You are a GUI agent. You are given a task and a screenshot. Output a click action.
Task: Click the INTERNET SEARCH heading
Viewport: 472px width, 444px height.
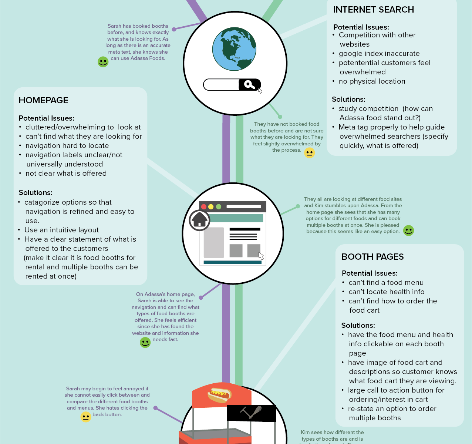coord(373,10)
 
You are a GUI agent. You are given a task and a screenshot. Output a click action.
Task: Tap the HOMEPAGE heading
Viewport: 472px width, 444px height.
coord(43,100)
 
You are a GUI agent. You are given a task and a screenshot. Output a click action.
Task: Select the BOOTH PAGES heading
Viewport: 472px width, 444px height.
coord(372,257)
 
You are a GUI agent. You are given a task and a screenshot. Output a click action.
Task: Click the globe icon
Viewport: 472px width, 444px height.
coord(234,49)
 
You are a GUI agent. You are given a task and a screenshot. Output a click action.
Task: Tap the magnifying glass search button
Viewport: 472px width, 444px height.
coord(250,85)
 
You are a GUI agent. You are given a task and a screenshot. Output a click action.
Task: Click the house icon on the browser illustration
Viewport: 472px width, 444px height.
coord(199,220)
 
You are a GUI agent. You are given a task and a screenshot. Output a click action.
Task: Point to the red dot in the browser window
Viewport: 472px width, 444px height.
coord(204,207)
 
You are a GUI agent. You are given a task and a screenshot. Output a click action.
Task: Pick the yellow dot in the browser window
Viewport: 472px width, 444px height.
coord(211,207)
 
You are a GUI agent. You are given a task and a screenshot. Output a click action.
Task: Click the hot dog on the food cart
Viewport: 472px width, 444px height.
coord(219,395)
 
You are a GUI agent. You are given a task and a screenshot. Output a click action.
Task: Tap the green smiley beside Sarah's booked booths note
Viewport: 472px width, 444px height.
coord(103,62)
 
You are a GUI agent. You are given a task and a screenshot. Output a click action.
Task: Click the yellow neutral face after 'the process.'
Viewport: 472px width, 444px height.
coord(309,153)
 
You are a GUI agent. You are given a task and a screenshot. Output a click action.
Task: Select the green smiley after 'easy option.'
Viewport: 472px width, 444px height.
coord(408,231)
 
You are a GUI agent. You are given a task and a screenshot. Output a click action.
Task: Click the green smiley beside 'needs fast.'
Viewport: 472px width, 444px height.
coord(145,342)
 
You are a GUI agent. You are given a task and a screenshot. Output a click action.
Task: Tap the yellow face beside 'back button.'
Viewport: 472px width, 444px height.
coord(86,417)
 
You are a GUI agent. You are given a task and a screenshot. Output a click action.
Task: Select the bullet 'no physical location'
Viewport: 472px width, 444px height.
coord(372,81)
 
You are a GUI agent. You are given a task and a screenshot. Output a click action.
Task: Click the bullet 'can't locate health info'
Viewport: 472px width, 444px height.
coord(386,292)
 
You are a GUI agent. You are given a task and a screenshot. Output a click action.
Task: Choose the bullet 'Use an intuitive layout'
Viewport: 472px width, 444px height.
coord(61,230)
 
